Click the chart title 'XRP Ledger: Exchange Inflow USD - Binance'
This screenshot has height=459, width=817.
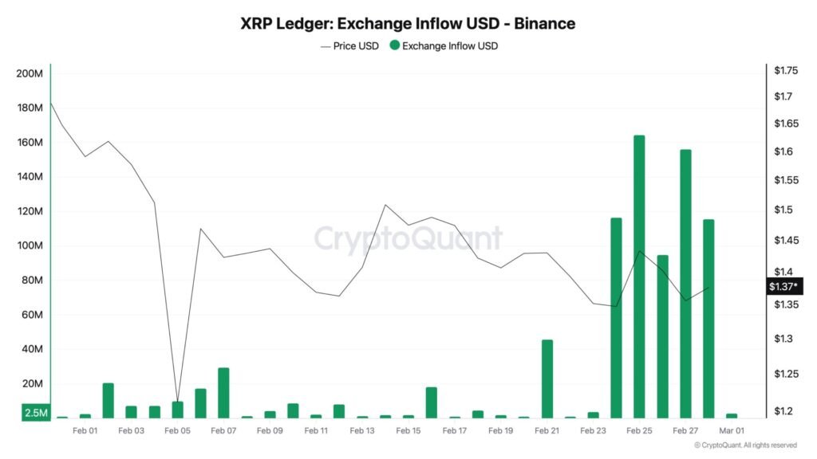(408, 23)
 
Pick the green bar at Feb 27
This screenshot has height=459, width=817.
(685, 283)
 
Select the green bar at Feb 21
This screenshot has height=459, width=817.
(547, 379)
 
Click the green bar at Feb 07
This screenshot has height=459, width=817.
(223, 392)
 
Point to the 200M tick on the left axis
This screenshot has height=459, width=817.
(29, 74)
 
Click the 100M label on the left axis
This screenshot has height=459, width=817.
(29, 245)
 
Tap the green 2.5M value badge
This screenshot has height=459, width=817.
(35, 413)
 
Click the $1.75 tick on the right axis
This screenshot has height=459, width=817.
(786, 71)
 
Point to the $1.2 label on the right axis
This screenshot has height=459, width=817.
(783, 411)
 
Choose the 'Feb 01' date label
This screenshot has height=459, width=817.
(85, 430)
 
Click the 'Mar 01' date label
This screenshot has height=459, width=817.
(731, 430)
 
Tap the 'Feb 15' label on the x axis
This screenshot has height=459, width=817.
(408, 430)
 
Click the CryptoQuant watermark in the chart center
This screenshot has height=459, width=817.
(408, 238)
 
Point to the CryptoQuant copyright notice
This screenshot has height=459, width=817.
(745, 445)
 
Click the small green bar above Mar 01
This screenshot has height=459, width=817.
(732, 415)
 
